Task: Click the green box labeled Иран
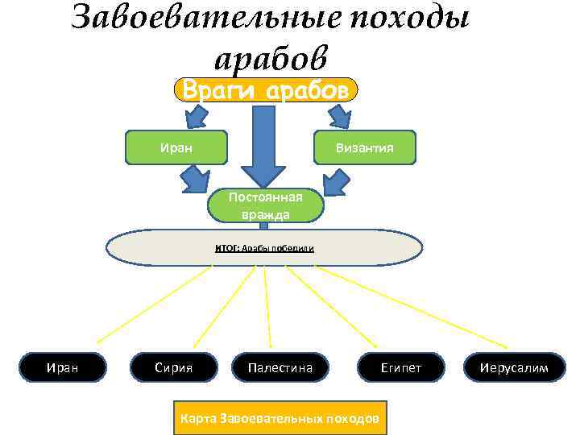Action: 176,147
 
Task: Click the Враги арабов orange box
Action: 265,89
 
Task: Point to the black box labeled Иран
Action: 62,368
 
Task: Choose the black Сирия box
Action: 173,368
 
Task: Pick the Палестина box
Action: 280,368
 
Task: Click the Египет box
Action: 400,368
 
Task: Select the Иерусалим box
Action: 513,368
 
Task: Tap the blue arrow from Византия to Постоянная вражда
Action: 333,178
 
